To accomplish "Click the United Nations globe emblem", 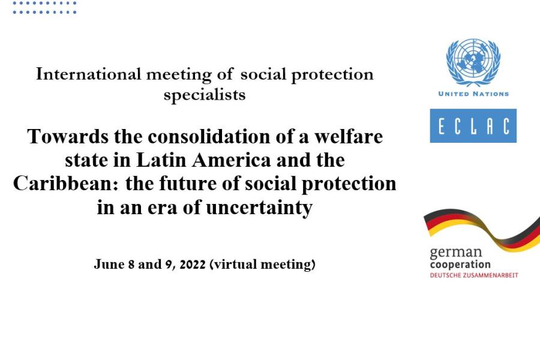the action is pyautogui.click(x=473, y=62).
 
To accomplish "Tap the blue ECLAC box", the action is pyautogui.click(x=473, y=126).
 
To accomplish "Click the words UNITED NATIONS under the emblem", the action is pyautogui.click(x=473, y=94).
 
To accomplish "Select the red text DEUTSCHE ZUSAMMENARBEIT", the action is pyautogui.click(x=474, y=275).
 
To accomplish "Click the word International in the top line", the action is pyautogui.click(x=89, y=74).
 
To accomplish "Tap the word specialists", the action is pyautogui.click(x=205, y=95).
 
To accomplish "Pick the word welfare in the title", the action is pyautogui.click(x=349, y=136).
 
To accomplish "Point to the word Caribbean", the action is pyautogui.click(x=66, y=184).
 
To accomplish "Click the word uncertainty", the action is pyautogui.click(x=259, y=208).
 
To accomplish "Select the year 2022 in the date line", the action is pyautogui.click(x=193, y=265).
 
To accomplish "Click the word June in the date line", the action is pyautogui.click(x=109, y=264).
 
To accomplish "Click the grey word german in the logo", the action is pyautogui.click(x=456, y=253).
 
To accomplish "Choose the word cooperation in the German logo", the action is pyautogui.click(x=460, y=265).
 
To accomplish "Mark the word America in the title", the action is pyautogui.click(x=232, y=160).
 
